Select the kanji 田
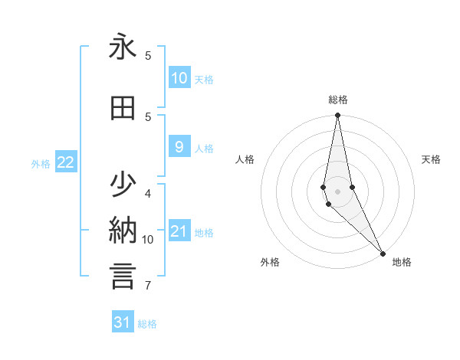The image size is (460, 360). coord(123,109)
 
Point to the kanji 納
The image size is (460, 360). coord(123,231)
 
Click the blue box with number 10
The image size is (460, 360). coord(179,78)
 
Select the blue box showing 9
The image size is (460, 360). coord(179,147)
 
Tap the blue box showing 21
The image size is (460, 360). coord(179,231)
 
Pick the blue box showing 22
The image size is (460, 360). coord(65,162)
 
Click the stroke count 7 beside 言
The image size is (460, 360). coord(147,286)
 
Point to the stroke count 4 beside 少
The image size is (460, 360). coord(148,193)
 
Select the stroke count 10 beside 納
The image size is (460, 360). coord(148,240)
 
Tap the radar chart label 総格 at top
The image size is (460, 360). coord(338,100)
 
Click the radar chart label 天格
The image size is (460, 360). coord(432,159)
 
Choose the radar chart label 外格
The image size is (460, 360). coord(270,262)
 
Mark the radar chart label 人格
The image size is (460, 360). coord(245,159)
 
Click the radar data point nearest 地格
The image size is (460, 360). coord(383,252)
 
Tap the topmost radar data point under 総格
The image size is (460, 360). coord(337,115)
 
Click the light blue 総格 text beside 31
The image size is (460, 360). coord(147,324)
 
